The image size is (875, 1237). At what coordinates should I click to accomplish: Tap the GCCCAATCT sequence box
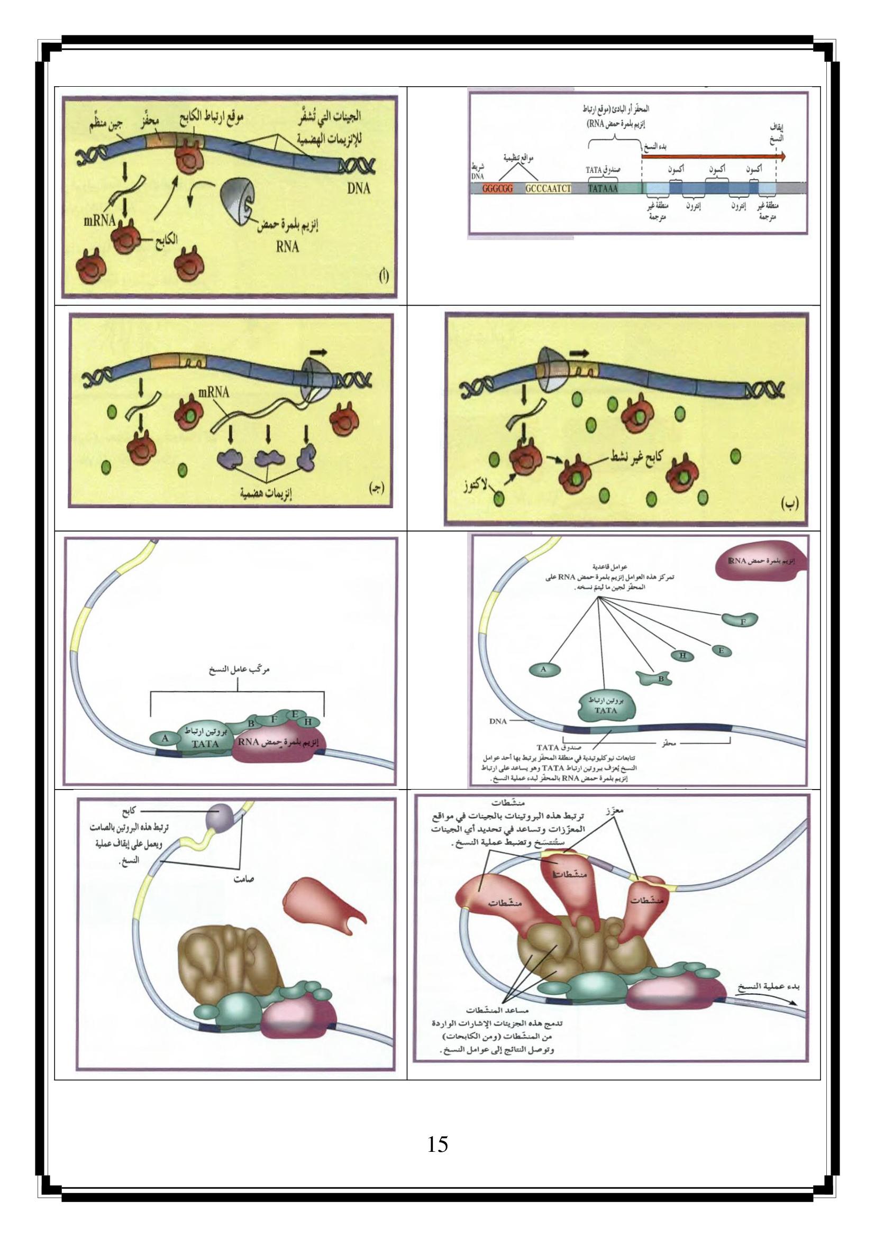pos(548,189)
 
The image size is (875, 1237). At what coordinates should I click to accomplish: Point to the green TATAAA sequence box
pos(603,189)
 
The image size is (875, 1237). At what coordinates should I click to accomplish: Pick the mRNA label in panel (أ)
pos(99,221)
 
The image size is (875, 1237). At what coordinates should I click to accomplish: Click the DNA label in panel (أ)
pos(358,188)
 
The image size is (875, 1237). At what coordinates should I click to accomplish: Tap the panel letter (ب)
pos(789,504)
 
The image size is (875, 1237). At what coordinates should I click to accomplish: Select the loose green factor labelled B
pos(655,678)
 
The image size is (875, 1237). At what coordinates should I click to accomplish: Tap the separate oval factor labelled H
pos(682,655)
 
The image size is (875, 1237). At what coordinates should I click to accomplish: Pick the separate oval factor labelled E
pos(722,650)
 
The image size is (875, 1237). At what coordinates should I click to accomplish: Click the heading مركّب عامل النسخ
pos(239,670)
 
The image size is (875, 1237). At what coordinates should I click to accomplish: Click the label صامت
pos(243,879)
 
